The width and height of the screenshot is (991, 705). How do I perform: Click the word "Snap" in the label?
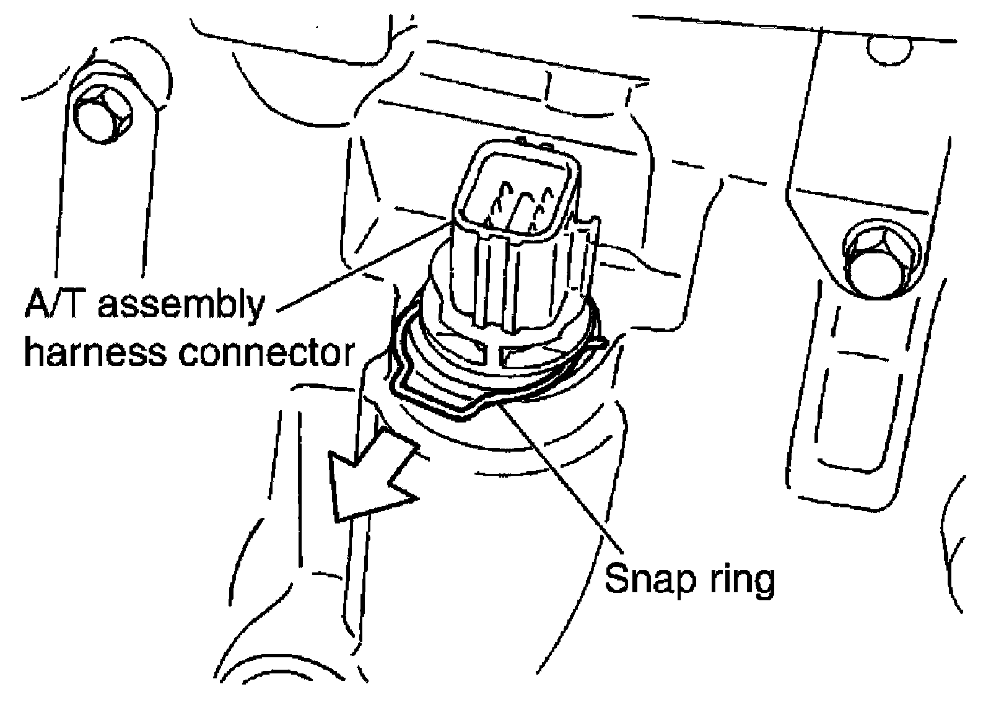pos(641,579)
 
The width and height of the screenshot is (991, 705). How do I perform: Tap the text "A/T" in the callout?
pos(53,305)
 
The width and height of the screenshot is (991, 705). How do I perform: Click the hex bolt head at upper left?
pos(102,120)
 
